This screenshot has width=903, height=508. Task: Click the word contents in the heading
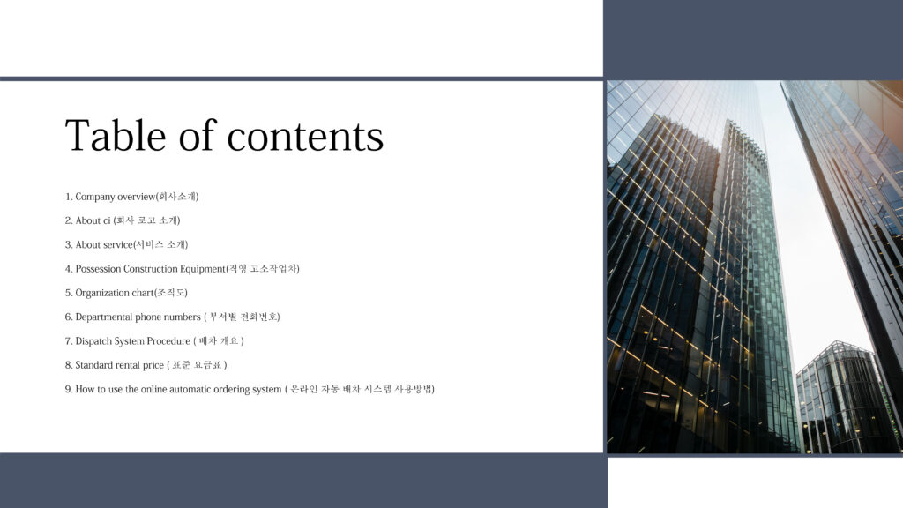click(x=305, y=137)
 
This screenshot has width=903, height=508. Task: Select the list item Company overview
click(x=132, y=197)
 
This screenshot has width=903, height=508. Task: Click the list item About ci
click(x=123, y=220)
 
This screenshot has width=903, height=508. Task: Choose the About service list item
click(x=127, y=245)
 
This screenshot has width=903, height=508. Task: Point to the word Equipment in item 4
click(x=203, y=269)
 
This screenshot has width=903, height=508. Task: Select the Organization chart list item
click(x=126, y=293)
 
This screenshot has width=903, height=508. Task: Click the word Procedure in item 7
click(x=168, y=341)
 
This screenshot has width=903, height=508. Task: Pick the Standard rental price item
click(x=146, y=365)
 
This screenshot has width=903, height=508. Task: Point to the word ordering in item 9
click(x=231, y=390)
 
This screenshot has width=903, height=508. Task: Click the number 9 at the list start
click(x=68, y=389)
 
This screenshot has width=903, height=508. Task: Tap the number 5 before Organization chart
click(x=68, y=293)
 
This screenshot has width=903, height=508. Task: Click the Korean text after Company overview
click(x=178, y=197)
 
